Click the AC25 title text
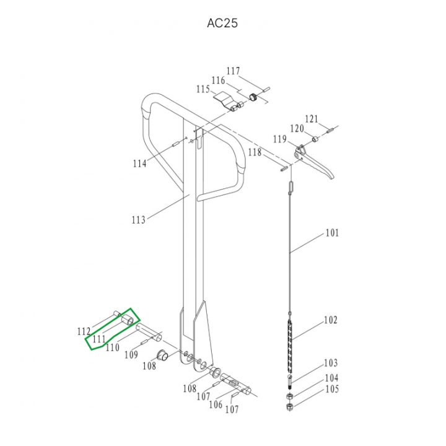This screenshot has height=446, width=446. [x=222, y=23]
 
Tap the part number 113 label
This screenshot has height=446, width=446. [x=139, y=219]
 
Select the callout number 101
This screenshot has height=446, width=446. [x=332, y=233]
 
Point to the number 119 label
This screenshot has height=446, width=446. [x=280, y=139]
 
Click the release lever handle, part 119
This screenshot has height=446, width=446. [x=313, y=162]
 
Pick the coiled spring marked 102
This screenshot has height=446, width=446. [x=290, y=346]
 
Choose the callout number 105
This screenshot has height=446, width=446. [x=332, y=389]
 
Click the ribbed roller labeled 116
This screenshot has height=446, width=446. [x=253, y=97]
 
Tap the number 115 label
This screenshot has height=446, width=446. [x=203, y=89]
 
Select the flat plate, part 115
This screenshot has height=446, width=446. [x=225, y=99]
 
